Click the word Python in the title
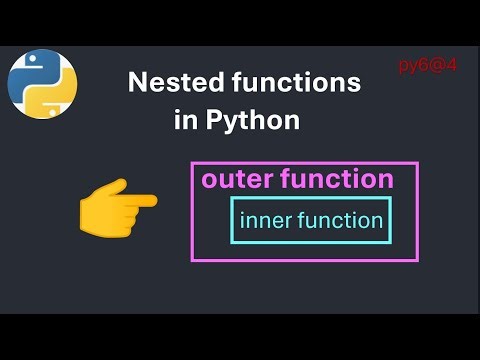pyautogui.click(x=252, y=121)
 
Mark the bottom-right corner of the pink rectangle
pyautogui.click(x=417, y=260)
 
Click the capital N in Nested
pyautogui.click(x=137, y=84)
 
